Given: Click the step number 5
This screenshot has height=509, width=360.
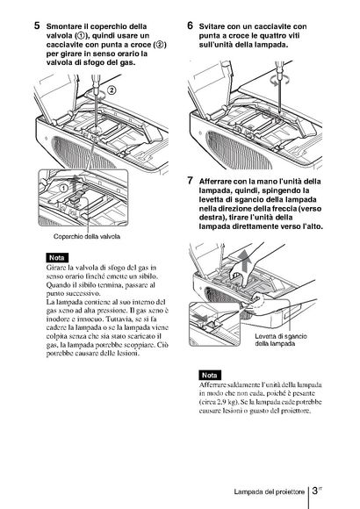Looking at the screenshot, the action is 37,25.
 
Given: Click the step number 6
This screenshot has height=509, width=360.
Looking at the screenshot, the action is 190,25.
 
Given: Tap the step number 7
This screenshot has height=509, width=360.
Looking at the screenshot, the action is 190,181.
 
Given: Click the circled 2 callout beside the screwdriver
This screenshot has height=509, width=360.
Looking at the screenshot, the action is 112,90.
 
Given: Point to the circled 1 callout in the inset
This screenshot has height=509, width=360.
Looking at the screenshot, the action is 64,188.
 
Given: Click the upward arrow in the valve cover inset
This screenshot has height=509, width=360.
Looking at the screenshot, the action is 76,183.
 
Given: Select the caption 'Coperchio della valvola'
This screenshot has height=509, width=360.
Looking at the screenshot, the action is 87,236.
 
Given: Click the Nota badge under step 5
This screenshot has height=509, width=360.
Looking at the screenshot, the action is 57,258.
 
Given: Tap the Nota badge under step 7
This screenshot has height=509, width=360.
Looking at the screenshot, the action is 210,375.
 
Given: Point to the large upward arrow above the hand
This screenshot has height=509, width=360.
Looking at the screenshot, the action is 245,263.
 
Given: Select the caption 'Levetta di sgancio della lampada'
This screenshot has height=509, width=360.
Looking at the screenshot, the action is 281,340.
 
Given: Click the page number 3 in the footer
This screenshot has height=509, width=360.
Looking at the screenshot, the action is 314,491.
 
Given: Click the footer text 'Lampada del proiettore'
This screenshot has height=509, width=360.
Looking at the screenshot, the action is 269,491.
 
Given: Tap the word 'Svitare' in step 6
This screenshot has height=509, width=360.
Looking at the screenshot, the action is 212,26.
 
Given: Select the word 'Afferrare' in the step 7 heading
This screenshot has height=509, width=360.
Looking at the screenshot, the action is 215,182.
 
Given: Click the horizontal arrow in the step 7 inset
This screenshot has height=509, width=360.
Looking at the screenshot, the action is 198,316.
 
